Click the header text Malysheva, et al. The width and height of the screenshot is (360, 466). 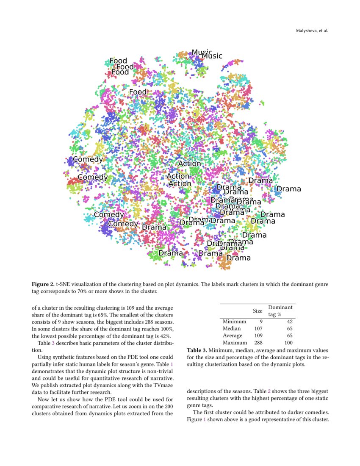pyautogui.click(x=311, y=31)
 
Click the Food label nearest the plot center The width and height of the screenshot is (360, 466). pyautogui.click(x=138, y=92)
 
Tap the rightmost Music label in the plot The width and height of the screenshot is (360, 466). pyautogui.click(x=212, y=55)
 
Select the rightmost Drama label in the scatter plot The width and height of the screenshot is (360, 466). pyautogui.click(x=289, y=189)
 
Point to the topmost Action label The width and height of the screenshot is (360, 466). pyautogui.click(x=189, y=164)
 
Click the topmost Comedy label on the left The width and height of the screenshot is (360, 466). pyautogui.click(x=88, y=159)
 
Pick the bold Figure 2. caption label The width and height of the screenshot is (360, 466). pyautogui.click(x=43, y=284)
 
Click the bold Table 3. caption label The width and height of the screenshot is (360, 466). pyautogui.click(x=197, y=350)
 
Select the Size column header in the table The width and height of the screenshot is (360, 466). pyautogui.click(x=258, y=311)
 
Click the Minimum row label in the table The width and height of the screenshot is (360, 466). pyautogui.click(x=234, y=322)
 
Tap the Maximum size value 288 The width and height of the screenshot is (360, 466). pyautogui.click(x=258, y=342)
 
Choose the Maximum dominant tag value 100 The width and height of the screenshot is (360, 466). pyautogui.click(x=288, y=342)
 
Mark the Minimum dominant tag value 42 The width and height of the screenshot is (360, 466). pyautogui.click(x=290, y=322)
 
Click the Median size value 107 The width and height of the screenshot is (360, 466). pyautogui.click(x=258, y=328)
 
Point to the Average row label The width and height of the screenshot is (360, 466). pyautogui.click(x=233, y=336)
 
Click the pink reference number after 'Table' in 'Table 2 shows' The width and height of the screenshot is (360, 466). pyautogui.click(x=269, y=391)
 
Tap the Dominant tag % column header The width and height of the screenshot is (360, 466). pyautogui.click(x=280, y=311)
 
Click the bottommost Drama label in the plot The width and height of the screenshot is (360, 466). pyautogui.click(x=238, y=258)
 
